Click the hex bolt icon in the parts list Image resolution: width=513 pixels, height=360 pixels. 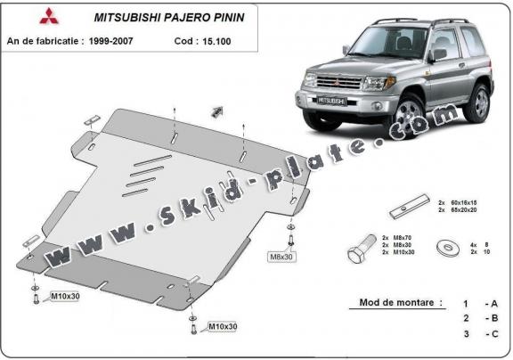pos(360,251)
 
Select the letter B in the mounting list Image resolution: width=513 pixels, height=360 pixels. pos(494,318)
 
